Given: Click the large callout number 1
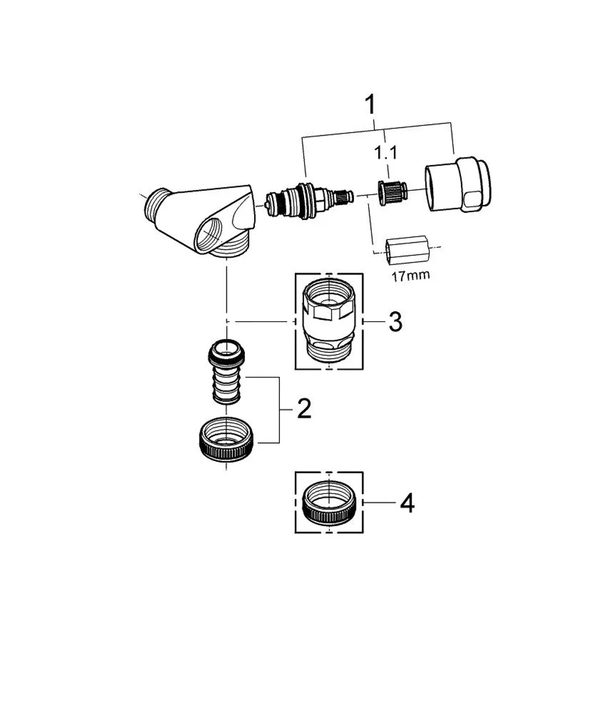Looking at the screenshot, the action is [370, 105].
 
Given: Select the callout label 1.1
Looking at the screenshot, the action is [386, 152].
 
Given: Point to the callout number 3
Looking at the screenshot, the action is [396, 321].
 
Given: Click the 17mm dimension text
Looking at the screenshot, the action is [410, 275].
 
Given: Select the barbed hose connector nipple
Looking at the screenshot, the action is [226, 371].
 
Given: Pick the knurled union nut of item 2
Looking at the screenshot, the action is [227, 440].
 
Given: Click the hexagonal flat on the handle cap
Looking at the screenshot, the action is [473, 198].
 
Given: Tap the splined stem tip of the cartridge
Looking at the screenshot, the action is [345, 197].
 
